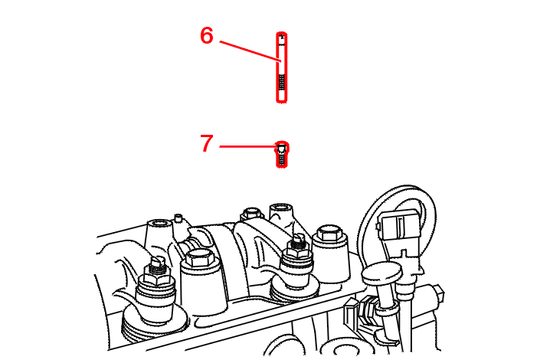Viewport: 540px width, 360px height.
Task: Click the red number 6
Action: click(207, 36)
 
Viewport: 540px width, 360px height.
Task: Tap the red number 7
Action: click(207, 143)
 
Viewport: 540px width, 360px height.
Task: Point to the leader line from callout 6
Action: click(250, 51)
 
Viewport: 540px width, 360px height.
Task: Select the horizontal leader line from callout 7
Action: click(249, 146)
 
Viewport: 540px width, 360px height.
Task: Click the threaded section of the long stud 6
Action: click(282, 86)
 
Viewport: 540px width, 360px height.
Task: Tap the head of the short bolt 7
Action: click(282, 149)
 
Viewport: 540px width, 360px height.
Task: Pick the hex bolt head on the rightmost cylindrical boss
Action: click(329, 234)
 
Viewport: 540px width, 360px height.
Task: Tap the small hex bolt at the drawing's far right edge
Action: click(438, 294)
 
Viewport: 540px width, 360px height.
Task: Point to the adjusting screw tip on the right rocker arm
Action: click(298, 237)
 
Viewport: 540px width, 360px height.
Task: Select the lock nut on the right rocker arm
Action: click(297, 254)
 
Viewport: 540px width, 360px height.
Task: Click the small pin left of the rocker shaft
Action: click(178, 218)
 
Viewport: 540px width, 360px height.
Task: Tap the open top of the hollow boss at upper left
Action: click(159, 224)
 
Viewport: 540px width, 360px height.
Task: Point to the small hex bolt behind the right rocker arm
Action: click(251, 214)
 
